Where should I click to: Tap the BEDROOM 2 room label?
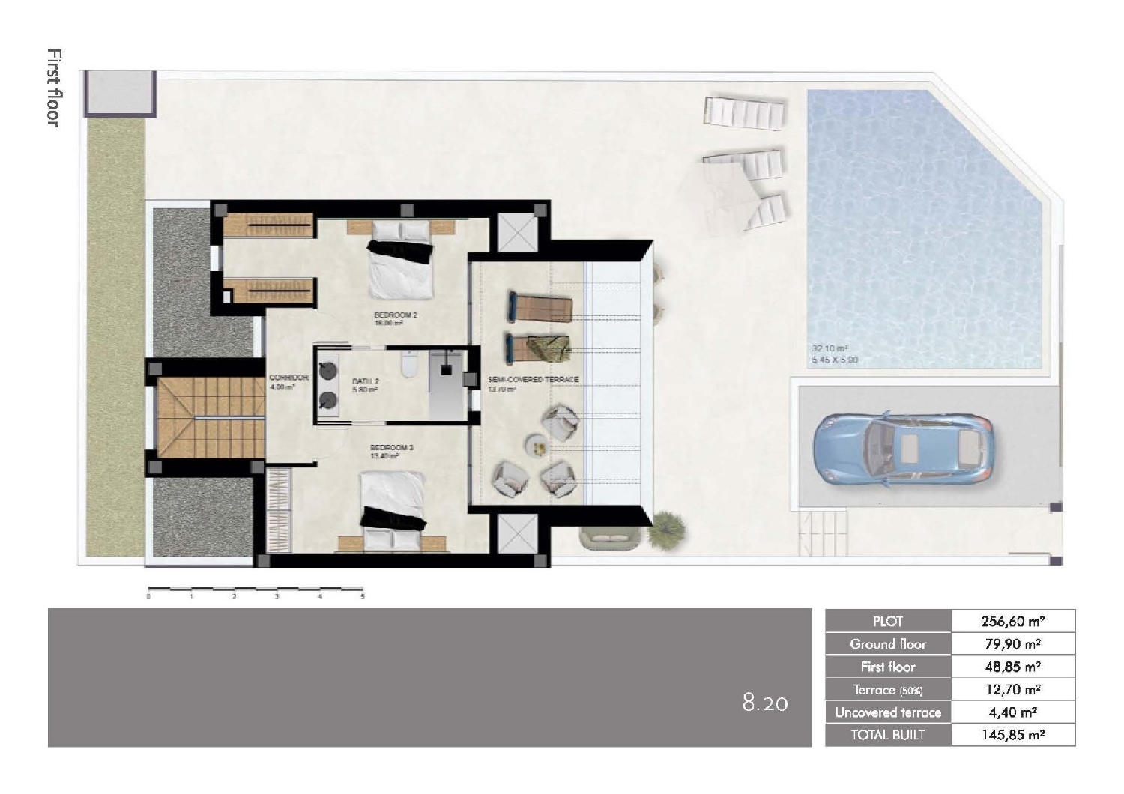396,315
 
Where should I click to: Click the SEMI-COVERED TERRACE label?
533,380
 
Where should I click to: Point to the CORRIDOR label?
288,378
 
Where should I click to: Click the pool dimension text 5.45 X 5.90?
836,360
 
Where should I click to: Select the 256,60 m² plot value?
1012,621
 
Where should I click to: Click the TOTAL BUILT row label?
888,735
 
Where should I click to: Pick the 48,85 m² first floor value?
1012,667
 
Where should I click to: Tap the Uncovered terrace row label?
888,712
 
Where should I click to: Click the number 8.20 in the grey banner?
765,703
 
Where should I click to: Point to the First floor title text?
53,88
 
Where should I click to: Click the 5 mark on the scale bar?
363,597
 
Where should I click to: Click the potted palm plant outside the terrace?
667,529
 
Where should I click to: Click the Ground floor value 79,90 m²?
1012,644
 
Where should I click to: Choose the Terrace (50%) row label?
888,690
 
